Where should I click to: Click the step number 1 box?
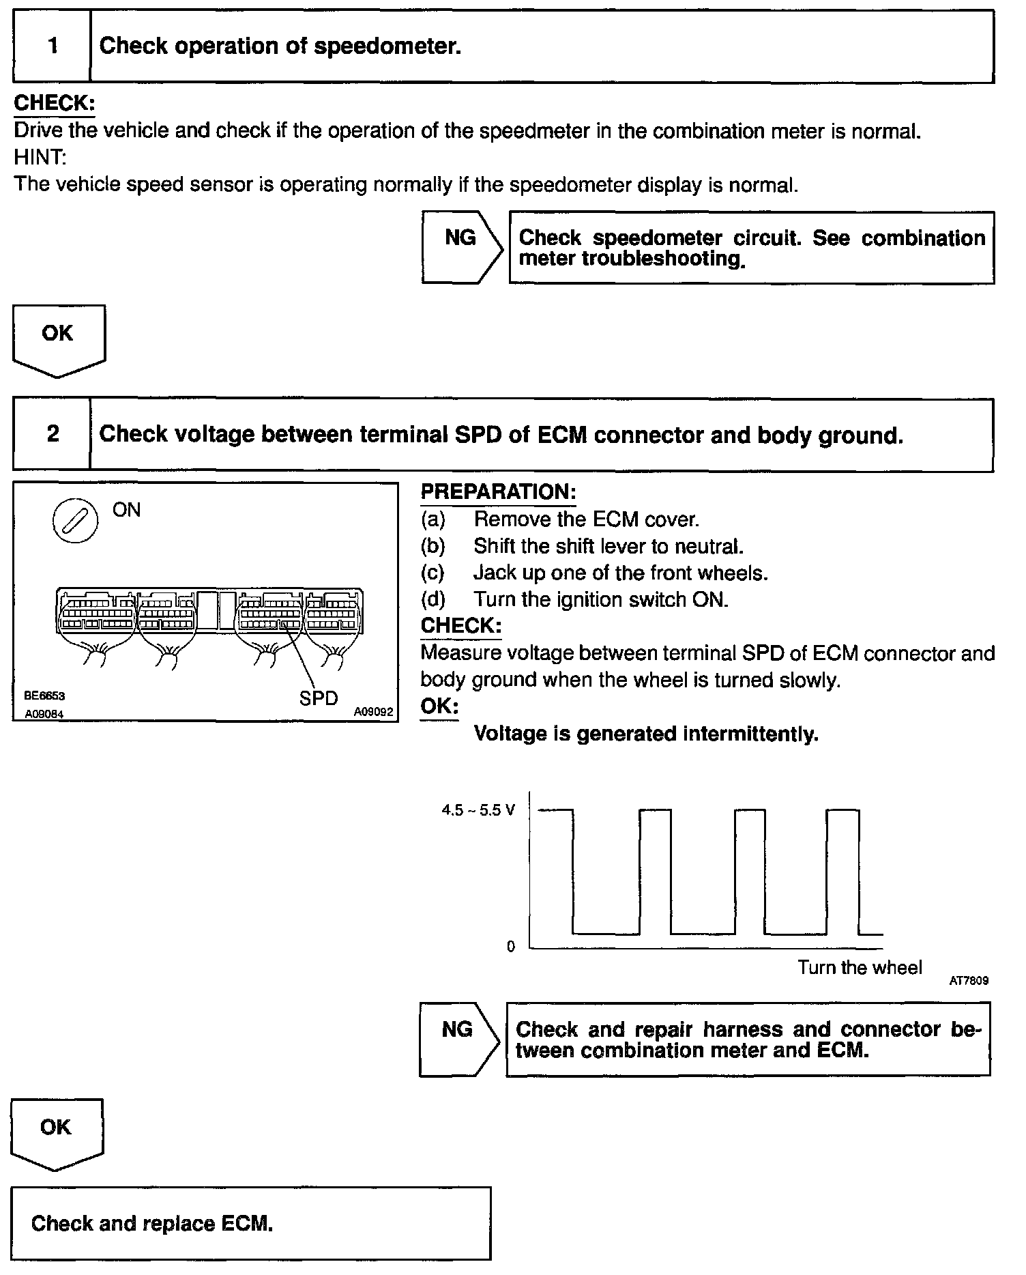pyautogui.click(x=52, y=46)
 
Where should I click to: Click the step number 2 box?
pyautogui.click(x=52, y=434)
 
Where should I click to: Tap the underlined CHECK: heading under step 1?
pyautogui.click(x=54, y=104)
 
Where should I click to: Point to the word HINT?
pyautogui.click(x=40, y=158)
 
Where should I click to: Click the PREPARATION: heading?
pyautogui.click(x=498, y=492)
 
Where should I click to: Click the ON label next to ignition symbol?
pyautogui.click(x=126, y=510)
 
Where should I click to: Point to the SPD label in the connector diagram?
pyautogui.click(x=319, y=698)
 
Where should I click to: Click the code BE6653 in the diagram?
pyautogui.click(x=44, y=696)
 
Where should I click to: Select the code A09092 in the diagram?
pyautogui.click(x=373, y=712)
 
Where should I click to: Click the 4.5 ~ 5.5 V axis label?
pyautogui.click(x=478, y=810)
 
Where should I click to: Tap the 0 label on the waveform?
pyautogui.click(x=511, y=947)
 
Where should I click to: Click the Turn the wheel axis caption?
pyautogui.click(x=860, y=967)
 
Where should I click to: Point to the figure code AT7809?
pyautogui.click(x=969, y=981)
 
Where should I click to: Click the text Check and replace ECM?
pyautogui.click(x=152, y=1222)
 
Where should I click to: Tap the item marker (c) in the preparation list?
pyautogui.click(x=433, y=573)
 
